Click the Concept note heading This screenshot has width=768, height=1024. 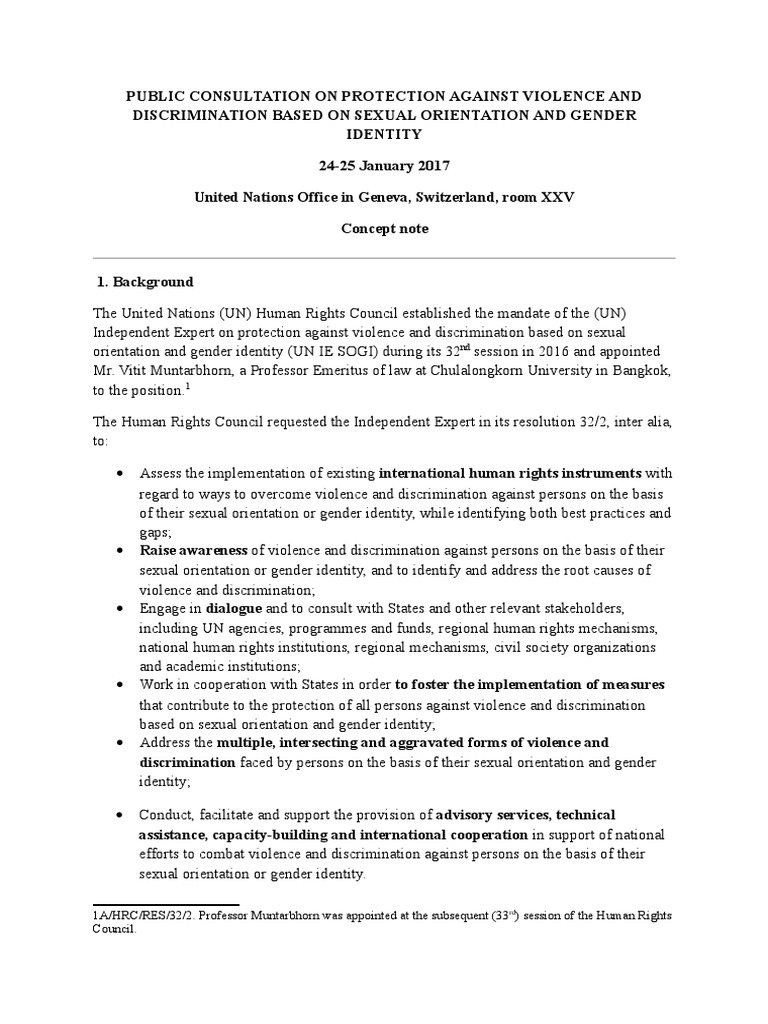pos(384,229)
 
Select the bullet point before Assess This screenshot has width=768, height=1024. pos(121,472)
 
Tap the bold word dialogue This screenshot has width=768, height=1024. pos(233,608)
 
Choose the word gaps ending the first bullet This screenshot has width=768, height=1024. pos(154,532)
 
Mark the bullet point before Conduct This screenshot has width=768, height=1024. pos(121,815)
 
